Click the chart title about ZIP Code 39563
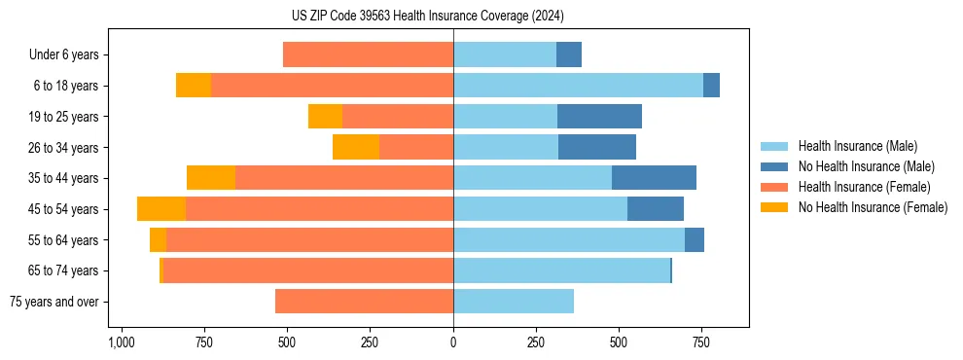pyautogui.click(x=428, y=16)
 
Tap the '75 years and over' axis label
pyautogui.click(x=53, y=302)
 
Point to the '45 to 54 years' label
pyautogui.click(x=64, y=209)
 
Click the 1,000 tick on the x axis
pyautogui.click(x=122, y=342)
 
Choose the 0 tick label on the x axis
pyautogui.click(x=453, y=342)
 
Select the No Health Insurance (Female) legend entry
pyautogui.click(x=873, y=207)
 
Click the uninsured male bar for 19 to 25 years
pyautogui.click(x=599, y=116)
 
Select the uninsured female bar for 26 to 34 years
pyautogui.click(x=356, y=147)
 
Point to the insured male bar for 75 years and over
pyautogui.click(x=514, y=302)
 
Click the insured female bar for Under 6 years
pyautogui.click(x=368, y=54)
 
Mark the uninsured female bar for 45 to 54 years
pyautogui.click(x=161, y=209)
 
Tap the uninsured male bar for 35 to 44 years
pyautogui.click(x=654, y=178)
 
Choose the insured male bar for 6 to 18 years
pyautogui.click(x=578, y=86)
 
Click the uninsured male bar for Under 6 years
pyautogui.click(x=569, y=54)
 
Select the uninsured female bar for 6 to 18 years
pyautogui.click(x=194, y=86)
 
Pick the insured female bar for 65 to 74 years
pyautogui.click(x=308, y=270)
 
